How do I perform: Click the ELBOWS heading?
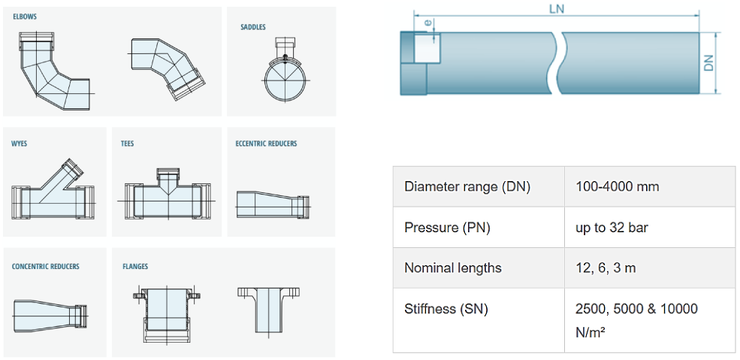pyautogui.click(x=25, y=17)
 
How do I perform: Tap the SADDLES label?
pyautogui.click(x=252, y=28)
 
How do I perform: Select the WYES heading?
pyautogui.click(x=19, y=144)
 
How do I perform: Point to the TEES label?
pyautogui.click(x=127, y=144)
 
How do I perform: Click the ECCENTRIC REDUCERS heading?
pyautogui.click(x=266, y=144)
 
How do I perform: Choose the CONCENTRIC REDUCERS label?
pyautogui.click(x=45, y=266)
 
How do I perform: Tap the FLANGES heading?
pyautogui.click(x=135, y=266)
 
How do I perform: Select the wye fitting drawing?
pyautogui.click(x=53, y=192)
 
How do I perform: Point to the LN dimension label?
pyautogui.click(x=556, y=9)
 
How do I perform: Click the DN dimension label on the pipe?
pyautogui.click(x=708, y=62)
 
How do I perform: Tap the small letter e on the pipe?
pyautogui.click(x=427, y=23)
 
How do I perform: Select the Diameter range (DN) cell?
pyautogui.click(x=467, y=186)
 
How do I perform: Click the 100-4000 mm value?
pyautogui.click(x=617, y=186)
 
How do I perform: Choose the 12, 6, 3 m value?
pyautogui.click(x=606, y=268)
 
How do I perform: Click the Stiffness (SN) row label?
pyautogui.click(x=449, y=309)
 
